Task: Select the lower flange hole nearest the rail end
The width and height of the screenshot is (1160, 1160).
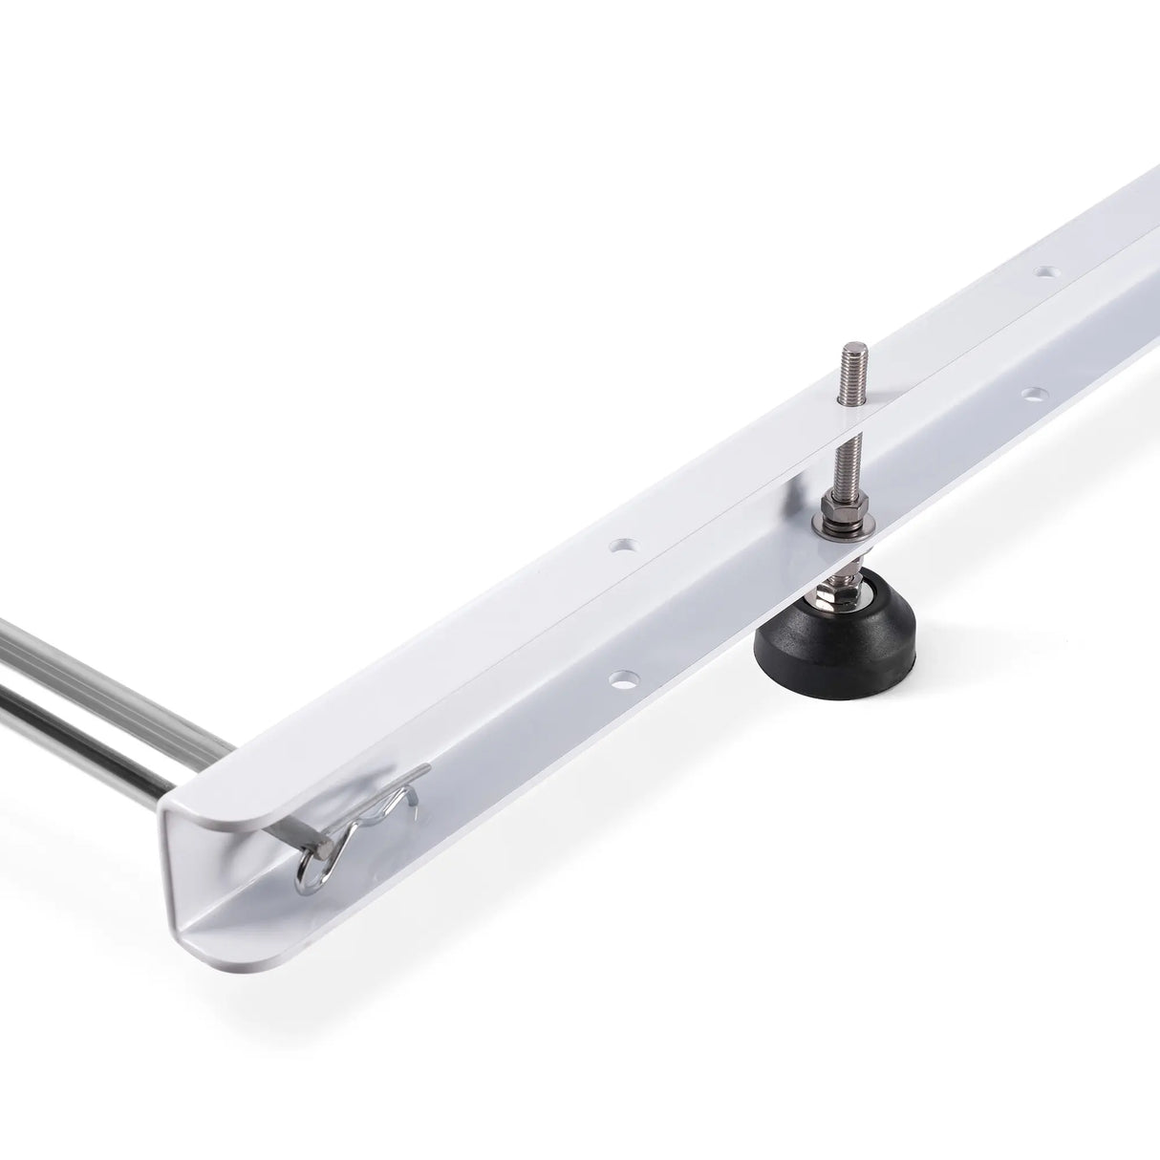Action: pos(620,681)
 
